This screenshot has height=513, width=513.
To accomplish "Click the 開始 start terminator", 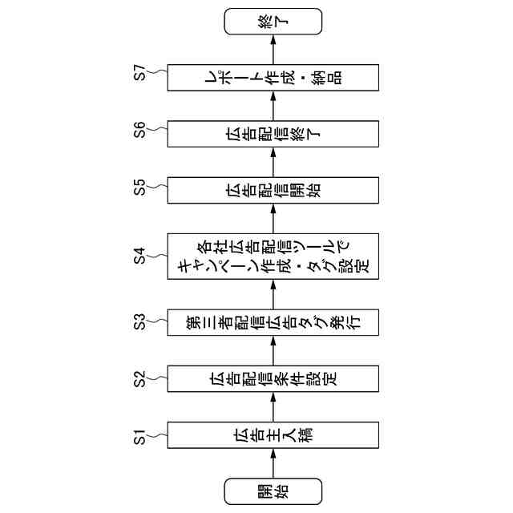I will pos(273,491).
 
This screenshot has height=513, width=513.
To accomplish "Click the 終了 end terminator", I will pos(273,22).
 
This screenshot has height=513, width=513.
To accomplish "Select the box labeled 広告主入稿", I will pos(273,438).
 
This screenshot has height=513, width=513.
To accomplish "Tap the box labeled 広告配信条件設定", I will pos(273,378).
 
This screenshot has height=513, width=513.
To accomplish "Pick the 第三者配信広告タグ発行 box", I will pos(273,322).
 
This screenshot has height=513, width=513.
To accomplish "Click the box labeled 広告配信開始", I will pos(273,190).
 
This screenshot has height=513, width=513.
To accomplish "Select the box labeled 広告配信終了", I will pos(273,133).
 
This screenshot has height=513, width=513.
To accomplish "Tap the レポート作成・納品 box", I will pos(273,77).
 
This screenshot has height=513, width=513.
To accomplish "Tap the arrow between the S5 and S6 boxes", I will pos(273,162).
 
